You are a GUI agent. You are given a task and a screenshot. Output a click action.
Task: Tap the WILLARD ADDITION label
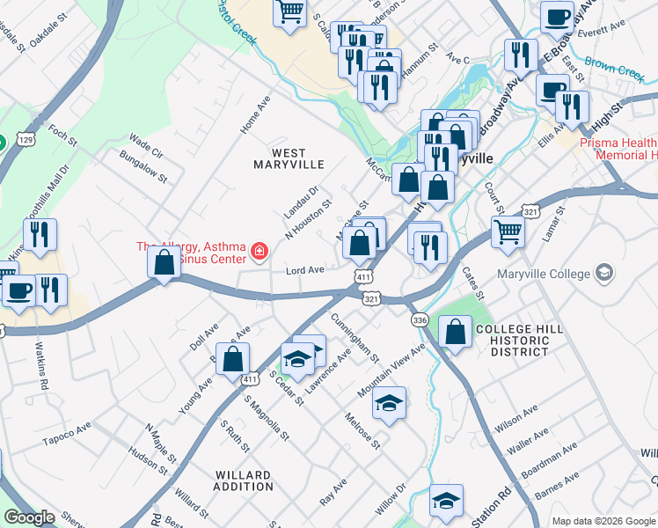tap(244, 480)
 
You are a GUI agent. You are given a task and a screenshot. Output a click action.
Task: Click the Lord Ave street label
tap(306, 270)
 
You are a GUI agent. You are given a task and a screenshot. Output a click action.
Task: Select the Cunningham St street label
tap(355, 335)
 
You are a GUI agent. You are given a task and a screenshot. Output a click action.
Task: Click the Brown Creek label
tap(615, 68)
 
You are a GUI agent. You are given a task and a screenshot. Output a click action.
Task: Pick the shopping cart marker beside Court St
tap(508, 231)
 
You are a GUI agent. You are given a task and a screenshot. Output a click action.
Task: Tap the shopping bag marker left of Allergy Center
tap(164, 262)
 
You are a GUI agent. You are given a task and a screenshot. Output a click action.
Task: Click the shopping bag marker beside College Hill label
tap(454, 333)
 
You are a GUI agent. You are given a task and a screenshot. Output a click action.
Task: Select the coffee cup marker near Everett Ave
tap(557, 17)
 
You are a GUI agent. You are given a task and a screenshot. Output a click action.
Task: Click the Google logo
tap(30, 517)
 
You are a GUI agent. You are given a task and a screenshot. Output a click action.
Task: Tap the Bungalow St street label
tap(144, 165)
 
